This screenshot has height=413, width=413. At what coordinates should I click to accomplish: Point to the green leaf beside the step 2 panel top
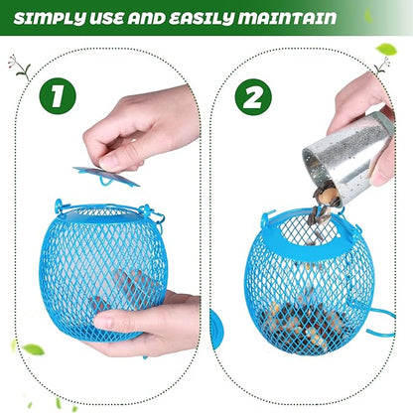(x=386, y=49)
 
